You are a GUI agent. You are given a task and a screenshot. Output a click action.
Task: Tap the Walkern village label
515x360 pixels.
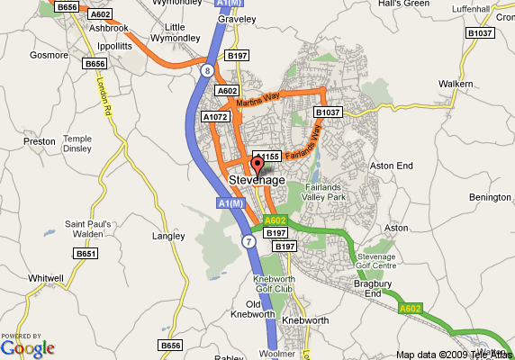coord(456,84)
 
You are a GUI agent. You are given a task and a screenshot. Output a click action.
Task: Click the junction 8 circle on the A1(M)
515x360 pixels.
coord(208,69)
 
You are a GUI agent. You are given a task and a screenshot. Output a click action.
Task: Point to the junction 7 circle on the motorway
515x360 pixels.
coord(246,241)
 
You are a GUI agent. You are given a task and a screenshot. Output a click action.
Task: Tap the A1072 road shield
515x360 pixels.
coord(215,117)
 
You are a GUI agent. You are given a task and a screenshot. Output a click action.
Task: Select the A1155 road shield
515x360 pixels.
coord(266,157)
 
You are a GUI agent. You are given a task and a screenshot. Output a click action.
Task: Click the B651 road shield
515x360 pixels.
coord(86,255)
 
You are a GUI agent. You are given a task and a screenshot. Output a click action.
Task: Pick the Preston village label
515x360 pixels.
coord(39,141)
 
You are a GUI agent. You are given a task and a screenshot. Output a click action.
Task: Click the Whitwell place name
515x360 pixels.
coord(46,278)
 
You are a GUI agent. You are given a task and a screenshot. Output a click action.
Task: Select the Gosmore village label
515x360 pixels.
coord(48,55)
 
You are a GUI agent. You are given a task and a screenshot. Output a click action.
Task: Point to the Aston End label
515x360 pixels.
coord(391,166)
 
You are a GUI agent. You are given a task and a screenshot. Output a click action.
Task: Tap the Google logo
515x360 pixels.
coord(28,347)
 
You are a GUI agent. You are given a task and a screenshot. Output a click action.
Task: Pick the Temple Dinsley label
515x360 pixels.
coord(77,143)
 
